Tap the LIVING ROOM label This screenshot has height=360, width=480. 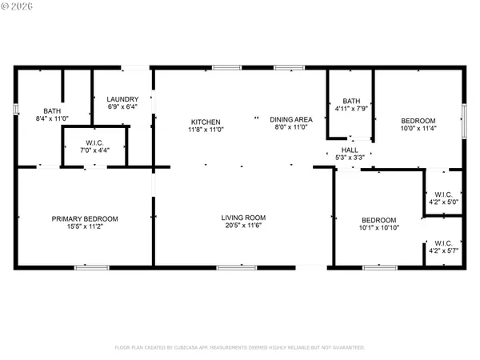(243, 217)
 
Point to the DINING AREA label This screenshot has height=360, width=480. (290, 118)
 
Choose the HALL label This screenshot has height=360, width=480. (350, 150)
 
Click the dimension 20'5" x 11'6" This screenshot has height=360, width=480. (243, 226)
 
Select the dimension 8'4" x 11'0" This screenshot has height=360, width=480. (52, 119)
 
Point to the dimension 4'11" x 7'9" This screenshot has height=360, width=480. (352, 108)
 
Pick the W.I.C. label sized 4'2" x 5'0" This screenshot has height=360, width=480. (443, 194)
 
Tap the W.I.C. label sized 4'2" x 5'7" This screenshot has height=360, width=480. (443, 243)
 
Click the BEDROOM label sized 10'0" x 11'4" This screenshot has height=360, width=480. (418, 121)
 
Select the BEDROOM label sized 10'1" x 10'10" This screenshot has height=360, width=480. (378, 220)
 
